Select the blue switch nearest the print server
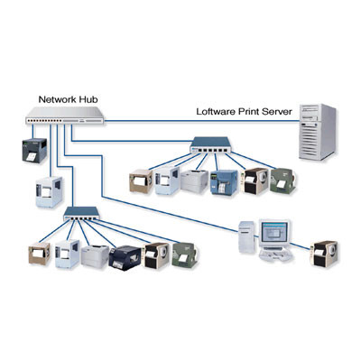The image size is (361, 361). (211, 143)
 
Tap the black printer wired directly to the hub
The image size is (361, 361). (29, 153)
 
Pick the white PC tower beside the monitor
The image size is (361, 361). (245, 238)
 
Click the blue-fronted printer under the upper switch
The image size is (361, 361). (221, 182)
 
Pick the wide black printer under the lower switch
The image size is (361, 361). (123, 257)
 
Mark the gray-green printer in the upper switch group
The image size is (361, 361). (282, 180)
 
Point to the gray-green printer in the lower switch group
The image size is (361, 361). (185, 255)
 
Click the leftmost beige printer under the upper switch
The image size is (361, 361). (142, 183)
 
